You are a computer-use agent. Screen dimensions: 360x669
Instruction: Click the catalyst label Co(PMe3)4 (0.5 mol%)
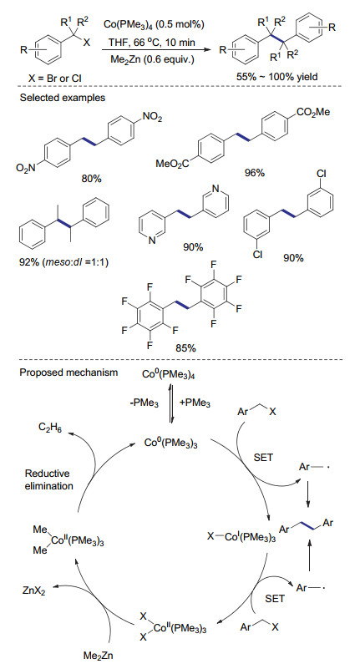154,25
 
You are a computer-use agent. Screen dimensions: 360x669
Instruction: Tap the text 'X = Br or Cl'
53,79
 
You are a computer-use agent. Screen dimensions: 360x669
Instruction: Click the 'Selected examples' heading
63,98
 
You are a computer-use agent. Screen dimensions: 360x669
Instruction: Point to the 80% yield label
92,179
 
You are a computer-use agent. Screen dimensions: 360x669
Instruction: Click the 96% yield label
255,173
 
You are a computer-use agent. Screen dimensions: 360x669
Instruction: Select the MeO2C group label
172,164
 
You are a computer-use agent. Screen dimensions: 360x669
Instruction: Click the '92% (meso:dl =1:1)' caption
64,262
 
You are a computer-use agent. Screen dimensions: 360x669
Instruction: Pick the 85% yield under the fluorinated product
185,348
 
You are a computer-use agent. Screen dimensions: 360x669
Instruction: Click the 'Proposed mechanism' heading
68,373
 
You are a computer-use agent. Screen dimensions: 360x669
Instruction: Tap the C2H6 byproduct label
50,428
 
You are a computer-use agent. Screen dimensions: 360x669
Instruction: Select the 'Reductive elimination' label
49,479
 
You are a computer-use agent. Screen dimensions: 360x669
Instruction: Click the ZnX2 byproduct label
33,591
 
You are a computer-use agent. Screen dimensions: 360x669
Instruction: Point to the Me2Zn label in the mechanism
98,656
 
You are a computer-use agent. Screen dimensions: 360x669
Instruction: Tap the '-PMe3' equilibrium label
145,403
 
